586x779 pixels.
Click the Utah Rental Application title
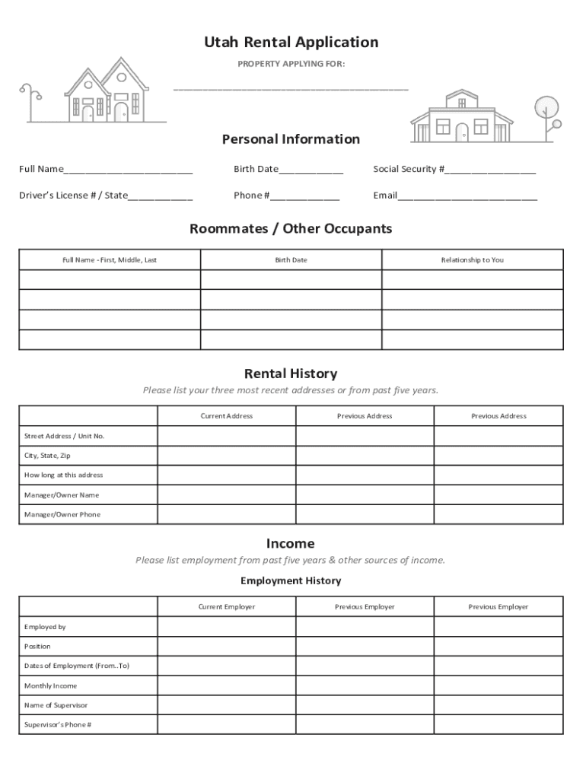pyautogui.click(x=291, y=43)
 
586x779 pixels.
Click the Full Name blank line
pyautogui.click(x=128, y=170)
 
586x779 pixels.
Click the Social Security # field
pyautogui.click(x=490, y=170)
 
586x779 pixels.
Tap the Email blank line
pyautogui.click(x=467, y=196)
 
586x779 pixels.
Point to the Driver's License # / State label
pyautogui.click(x=73, y=196)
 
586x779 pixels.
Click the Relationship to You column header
pyautogui.click(x=472, y=260)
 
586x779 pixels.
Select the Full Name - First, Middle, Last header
pyautogui.click(x=110, y=260)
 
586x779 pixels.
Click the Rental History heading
pyautogui.click(x=291, y=374)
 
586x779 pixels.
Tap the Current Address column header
pyautogui.click(x=226, y=416)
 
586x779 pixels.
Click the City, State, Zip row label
pyautogui.click(x=47, y=456)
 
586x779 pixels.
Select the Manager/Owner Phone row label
pyautogui.click(x=62, y=515)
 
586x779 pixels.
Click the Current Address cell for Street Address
pyautogui.click(x=226, y=436)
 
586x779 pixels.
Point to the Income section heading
pyautogui.click(x=291, y=543)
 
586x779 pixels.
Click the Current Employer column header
pyautogui.click(x=226, y=607)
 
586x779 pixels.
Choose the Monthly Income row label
pyautogui.click(x=50, y=686)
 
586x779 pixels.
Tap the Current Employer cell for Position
pyautogui.click(x=226, y=647)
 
